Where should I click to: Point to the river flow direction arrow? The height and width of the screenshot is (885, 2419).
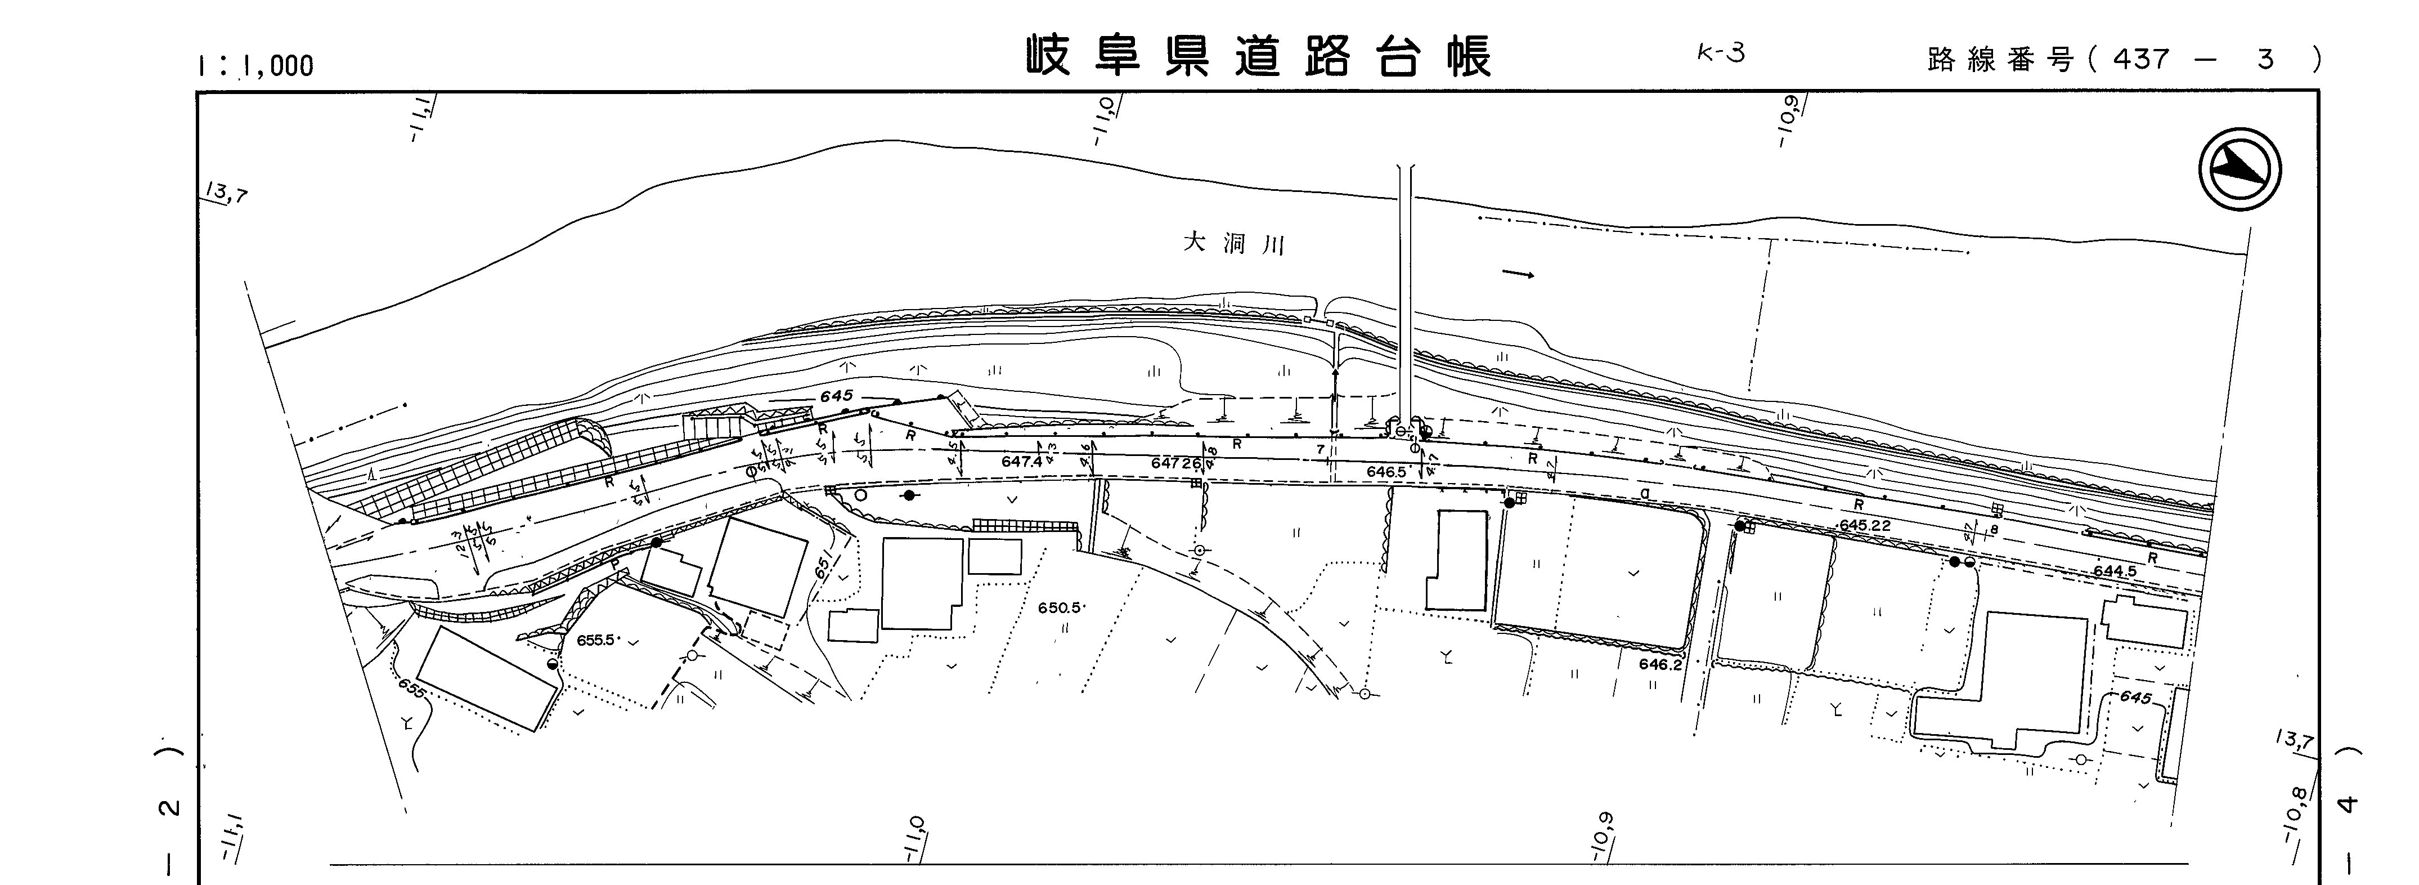(1519, 274)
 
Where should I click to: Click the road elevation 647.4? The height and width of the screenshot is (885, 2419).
(1022, 462)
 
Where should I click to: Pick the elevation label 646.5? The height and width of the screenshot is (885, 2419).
(1386, 472)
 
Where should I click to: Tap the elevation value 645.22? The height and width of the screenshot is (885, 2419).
(1865, 525)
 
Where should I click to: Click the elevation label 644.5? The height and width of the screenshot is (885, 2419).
(2115, 570)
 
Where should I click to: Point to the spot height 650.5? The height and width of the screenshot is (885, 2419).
(1060, 608)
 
